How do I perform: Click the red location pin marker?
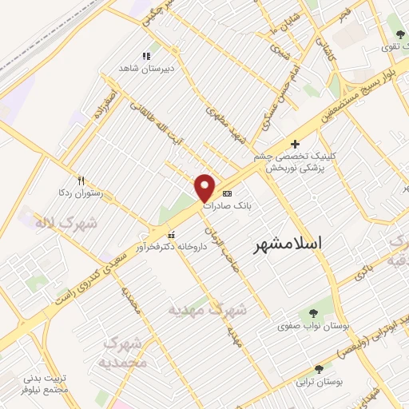[x=205, y=188]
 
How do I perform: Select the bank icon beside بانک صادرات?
[x=227, y=193]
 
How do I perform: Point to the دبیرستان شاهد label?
[x=145, y=69]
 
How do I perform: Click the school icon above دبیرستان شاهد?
[x=145, y=56]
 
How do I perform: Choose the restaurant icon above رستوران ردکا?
[x=80, y=181]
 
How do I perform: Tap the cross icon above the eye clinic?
[x=296, y=143]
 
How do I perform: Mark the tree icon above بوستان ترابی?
[x=320, y=369]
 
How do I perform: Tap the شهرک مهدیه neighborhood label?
[x=208, y=308]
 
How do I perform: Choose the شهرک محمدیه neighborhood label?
[x=126, y=351]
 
